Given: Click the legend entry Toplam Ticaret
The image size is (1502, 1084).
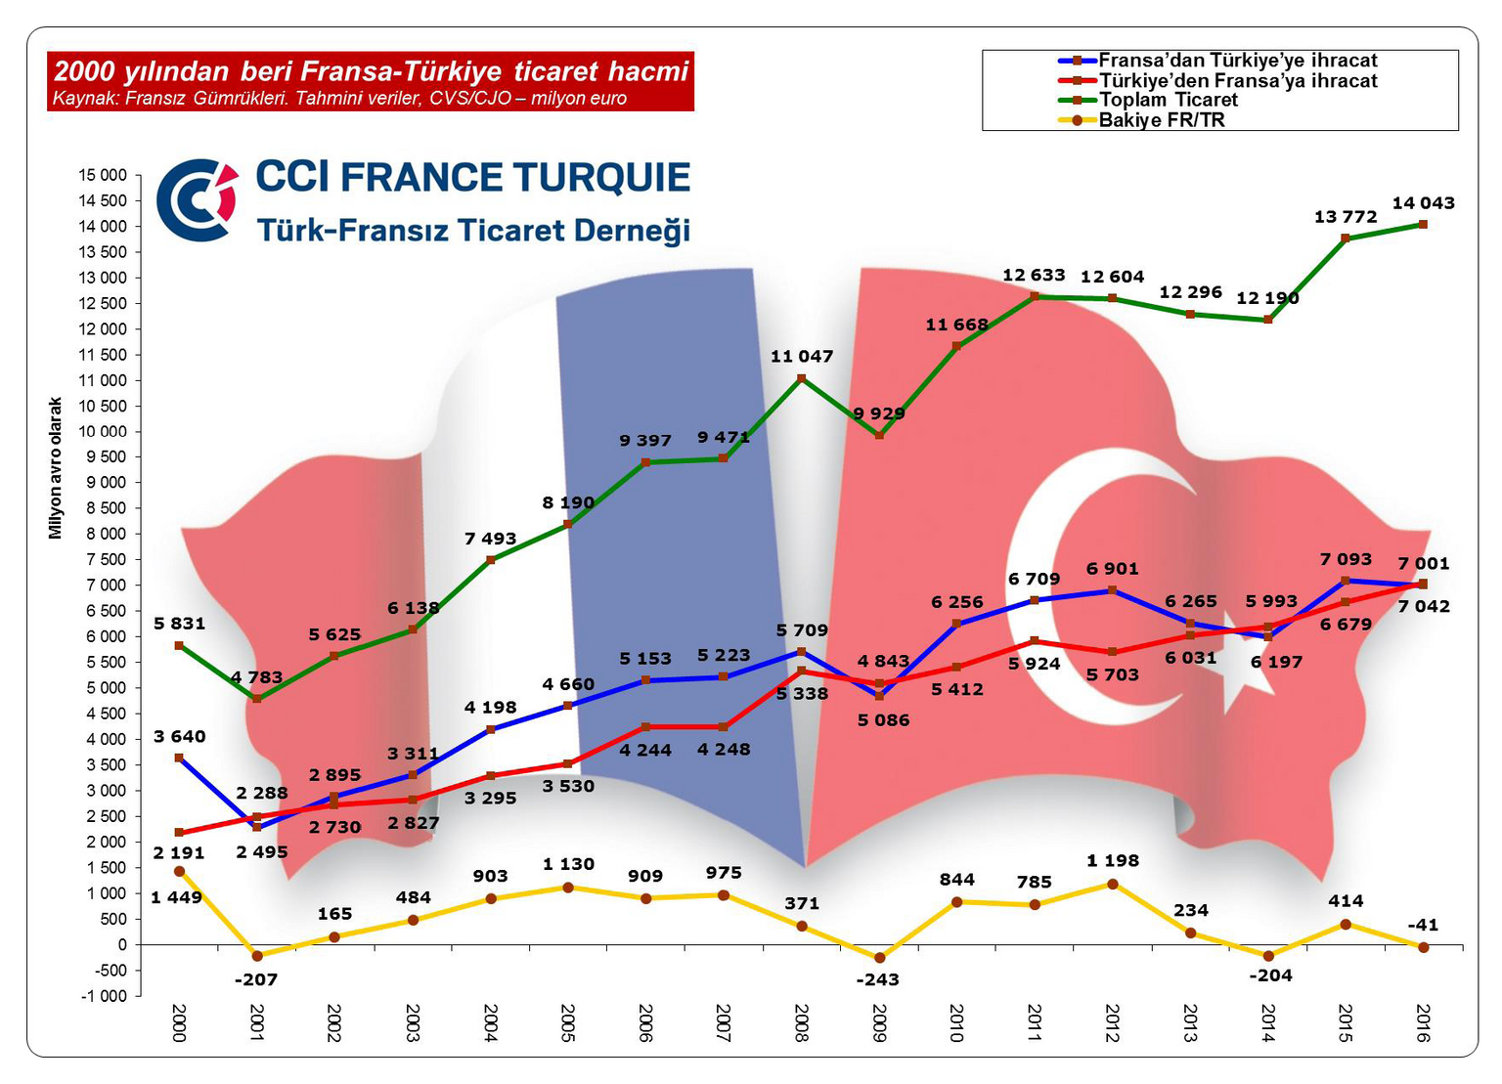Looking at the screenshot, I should click(1168, 100).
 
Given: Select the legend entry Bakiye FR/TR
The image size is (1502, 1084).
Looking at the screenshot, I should click(1161, 120).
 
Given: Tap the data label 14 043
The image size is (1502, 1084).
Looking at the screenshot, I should click(1423, 203).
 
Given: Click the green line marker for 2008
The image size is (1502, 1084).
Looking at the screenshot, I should click(802, 378).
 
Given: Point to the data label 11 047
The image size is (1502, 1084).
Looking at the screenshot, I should click(802, 357).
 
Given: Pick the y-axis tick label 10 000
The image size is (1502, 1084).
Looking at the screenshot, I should click(103, 432).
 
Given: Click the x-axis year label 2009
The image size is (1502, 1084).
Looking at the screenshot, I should click(879, 1022).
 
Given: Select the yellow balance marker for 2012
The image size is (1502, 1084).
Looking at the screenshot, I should click(1112, 884).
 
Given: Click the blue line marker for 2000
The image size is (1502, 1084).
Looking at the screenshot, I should click(179, 758).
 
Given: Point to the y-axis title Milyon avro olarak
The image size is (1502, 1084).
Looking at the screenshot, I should click(56, 467).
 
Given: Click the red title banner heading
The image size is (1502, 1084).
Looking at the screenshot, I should click(371, 71).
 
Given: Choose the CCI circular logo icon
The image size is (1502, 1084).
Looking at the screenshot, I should click(198, 200).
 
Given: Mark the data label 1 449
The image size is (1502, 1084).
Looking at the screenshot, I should click(176, 897).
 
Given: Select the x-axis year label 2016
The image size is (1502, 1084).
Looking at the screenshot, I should click(1423, 1022).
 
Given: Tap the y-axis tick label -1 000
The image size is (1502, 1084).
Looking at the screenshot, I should click(103, 996).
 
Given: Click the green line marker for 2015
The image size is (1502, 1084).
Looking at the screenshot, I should click(1346, 238).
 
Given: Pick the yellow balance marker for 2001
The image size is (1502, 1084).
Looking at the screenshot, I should click(257, 956).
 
